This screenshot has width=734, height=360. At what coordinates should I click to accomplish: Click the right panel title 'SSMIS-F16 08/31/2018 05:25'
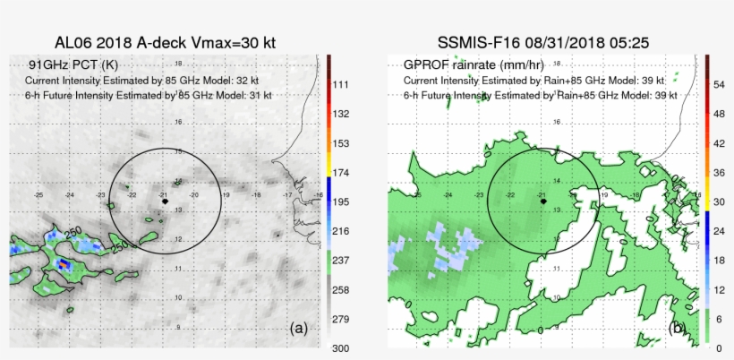(543, 42)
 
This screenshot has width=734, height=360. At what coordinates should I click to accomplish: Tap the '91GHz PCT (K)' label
(73, 65)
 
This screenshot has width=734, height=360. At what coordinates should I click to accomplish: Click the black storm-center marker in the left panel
(166, 202)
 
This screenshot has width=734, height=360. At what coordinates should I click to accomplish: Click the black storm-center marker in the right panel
(543, 202)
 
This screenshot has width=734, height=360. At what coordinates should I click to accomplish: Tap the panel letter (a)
(299, 329)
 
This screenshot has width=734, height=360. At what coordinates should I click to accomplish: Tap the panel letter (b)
(678, 329)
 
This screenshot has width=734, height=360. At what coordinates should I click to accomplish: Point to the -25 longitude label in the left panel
(38, 194)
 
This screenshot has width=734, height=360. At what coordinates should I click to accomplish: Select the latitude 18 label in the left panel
(179, 64)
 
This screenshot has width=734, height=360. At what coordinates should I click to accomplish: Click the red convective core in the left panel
(62, 264)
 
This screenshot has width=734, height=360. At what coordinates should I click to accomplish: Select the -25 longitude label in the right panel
(417, 194)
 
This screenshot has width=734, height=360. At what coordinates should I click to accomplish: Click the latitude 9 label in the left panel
(179, 328)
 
